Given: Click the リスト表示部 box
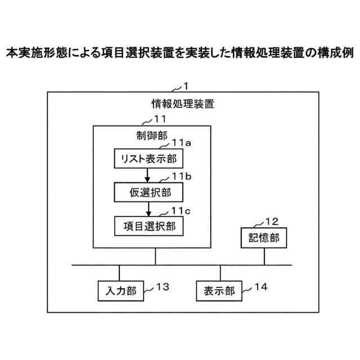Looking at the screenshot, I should point(149,158).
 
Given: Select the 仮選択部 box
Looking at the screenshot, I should point(149,192).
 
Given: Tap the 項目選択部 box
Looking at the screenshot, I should point(149,226).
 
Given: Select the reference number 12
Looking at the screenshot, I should point(271,222).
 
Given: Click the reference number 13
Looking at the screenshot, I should point(162,287).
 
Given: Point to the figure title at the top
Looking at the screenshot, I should point(180,53).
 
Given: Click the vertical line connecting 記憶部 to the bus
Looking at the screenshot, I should point(264,256).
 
